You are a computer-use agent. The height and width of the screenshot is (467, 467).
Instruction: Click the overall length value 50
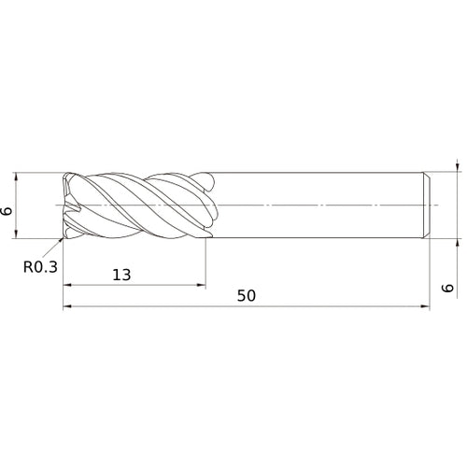click(x=247, y=296)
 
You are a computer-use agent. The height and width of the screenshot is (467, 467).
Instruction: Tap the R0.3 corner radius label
click(x=41, y=266)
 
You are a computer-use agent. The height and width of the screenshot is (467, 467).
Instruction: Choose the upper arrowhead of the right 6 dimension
click(x=458, y=168)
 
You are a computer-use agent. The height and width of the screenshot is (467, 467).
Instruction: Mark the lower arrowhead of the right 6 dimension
click(x=458, y=239)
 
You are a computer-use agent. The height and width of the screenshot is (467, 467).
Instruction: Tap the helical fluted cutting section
click(x=140, y=204)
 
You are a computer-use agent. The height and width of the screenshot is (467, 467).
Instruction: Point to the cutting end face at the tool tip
click(x=67, y=204)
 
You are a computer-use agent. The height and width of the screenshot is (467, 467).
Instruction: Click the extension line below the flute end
click(x=206, y=266)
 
